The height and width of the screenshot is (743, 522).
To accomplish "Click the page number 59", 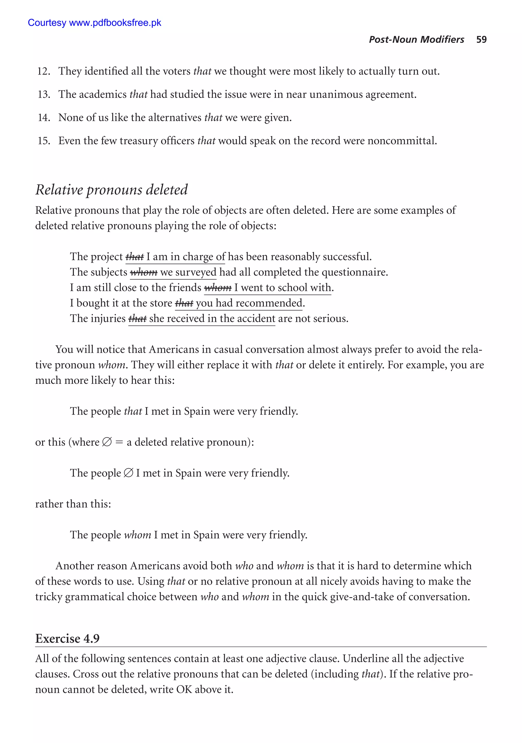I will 481,40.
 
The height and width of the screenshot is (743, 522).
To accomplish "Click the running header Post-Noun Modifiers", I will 416,40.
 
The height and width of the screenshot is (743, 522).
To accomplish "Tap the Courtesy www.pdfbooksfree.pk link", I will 95,23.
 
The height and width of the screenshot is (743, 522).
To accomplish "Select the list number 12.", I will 43,71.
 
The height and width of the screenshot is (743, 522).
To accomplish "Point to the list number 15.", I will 43,141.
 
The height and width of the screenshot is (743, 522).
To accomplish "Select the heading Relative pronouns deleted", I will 111,190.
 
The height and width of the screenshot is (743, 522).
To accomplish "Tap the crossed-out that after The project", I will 135,257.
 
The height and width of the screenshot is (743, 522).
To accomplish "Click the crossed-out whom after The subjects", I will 143,272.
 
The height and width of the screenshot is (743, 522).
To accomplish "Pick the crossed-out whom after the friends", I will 218,288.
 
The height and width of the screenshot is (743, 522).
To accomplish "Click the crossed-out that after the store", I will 184,303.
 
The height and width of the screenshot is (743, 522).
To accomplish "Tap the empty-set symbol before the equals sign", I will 107,442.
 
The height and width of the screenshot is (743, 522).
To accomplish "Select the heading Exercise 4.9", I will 67,638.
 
